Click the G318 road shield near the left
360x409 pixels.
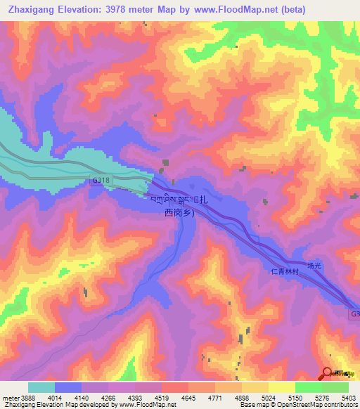tap(101, 181)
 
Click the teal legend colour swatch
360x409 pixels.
tap(41, 387)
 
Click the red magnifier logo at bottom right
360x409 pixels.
tap(328, 375)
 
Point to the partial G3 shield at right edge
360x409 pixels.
tap(354, 314)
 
